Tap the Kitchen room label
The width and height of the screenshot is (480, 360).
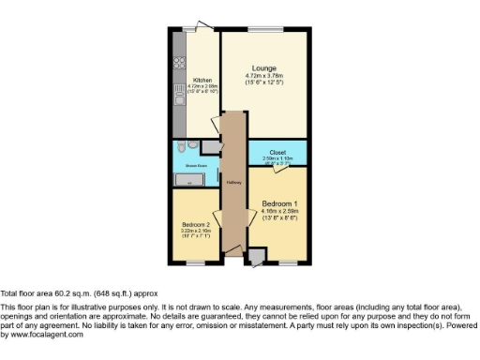click(202, 80)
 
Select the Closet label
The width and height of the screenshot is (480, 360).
click(277, 151)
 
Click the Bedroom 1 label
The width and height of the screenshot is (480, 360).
click(280, 203)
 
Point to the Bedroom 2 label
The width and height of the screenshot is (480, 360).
click(196, 225)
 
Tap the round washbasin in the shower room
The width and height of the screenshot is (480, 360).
click(192, 146)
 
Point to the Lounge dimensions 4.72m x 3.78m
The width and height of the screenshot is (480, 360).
click(263, 76)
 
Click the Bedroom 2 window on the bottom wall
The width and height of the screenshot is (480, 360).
click(194, 264)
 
